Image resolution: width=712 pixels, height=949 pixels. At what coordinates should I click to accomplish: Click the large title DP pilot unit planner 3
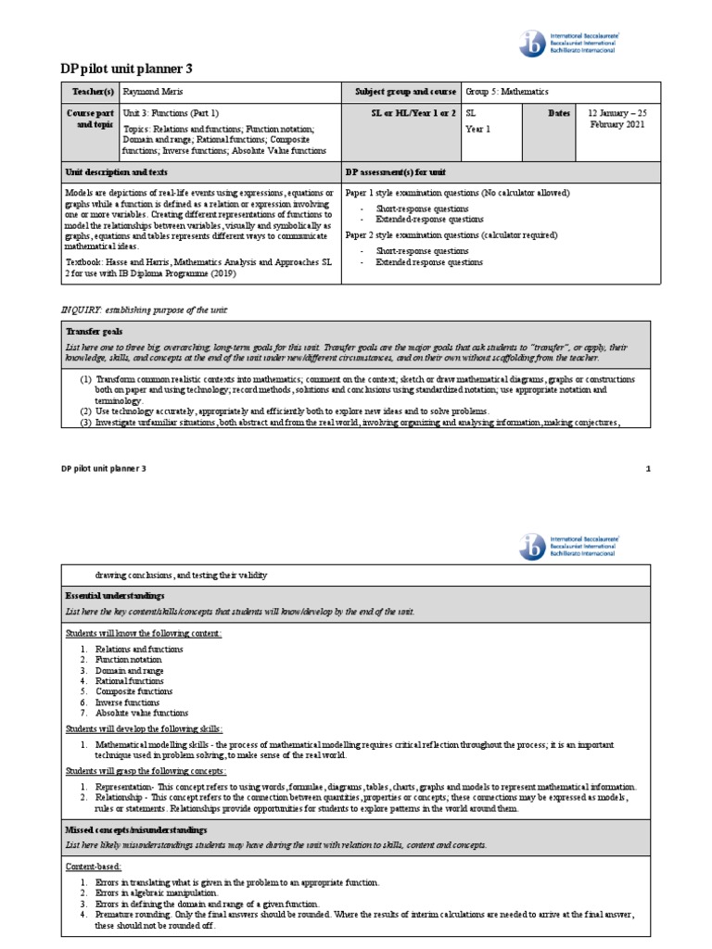coord(127,70)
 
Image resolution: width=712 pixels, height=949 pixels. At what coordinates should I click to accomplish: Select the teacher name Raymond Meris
coord(153,93)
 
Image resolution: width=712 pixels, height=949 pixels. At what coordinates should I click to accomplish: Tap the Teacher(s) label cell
coord(89,93)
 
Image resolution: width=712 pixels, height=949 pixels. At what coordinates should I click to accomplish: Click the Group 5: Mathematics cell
coord(507,93)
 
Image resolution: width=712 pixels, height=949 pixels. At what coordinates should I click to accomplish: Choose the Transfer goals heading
coord(94,331)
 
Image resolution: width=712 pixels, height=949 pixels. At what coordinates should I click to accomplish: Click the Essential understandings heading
coord(114,595)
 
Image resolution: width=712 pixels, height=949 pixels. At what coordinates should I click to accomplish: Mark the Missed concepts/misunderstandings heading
coord(136,829)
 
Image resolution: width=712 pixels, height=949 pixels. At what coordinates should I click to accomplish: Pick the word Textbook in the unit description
coord(84,262)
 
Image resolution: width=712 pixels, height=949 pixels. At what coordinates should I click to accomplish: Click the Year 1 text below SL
coord(477,129)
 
